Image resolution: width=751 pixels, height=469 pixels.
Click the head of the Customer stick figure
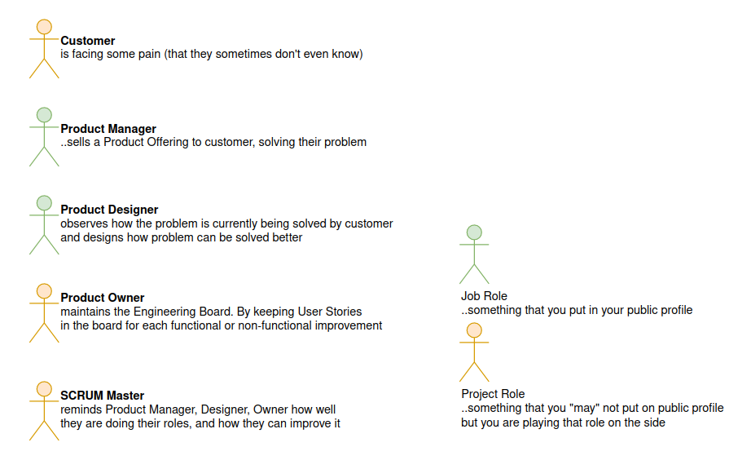[x=44, y=27]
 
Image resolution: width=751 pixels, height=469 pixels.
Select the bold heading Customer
[x=88, y=41]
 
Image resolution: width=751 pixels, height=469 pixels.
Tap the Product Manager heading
[x=108, y=129]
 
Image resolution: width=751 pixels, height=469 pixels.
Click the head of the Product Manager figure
[x=44, y=115]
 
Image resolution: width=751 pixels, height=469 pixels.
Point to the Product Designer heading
[x=109, y=210]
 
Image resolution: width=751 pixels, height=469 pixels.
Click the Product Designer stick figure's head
[x=44, y=203]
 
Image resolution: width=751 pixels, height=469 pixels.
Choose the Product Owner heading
[x=103, y=298]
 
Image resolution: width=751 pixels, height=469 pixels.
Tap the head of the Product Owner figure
[x=44, y=291]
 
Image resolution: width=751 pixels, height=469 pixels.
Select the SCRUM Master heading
[x=102, y=396]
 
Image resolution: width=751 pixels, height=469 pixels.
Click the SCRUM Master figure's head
[x=44, y=389]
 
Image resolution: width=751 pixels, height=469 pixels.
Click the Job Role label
[x=484, y=296]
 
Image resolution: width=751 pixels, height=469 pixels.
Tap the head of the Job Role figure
[x=474, y=232]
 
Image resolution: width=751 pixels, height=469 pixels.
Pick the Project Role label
[x=493, y=394]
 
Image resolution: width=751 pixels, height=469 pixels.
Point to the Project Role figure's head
[x=474, y=330]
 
